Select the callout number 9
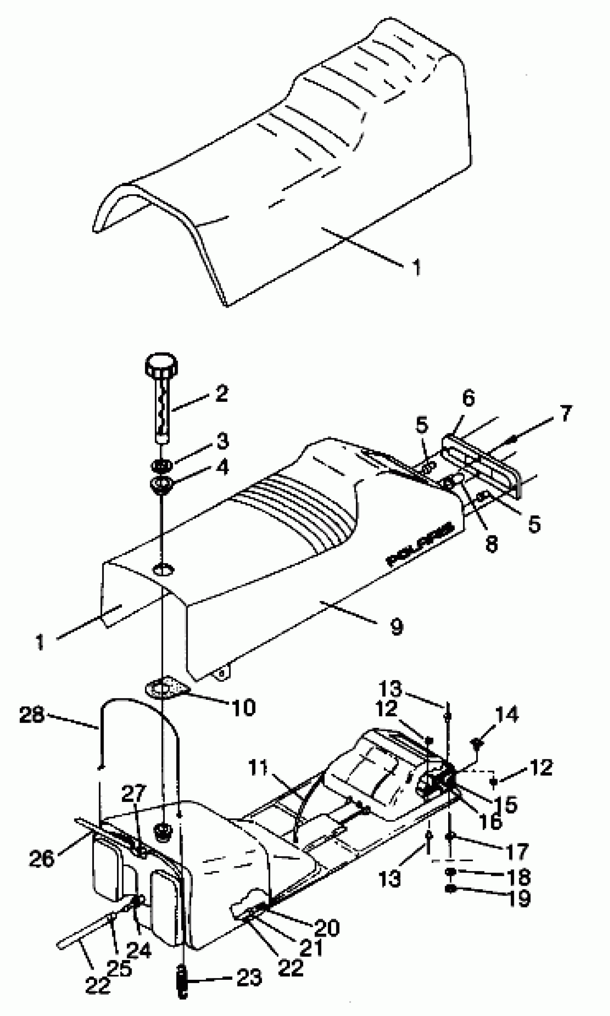pyautogui.click(x=396, y=627)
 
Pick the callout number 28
pyautogui.click(x=32, y=715)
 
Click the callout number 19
pyautogui.click(x=520, y=898)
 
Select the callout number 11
pyautogui.click(x=258, y=767)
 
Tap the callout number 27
pyautogui.click(x=133, y=794)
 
